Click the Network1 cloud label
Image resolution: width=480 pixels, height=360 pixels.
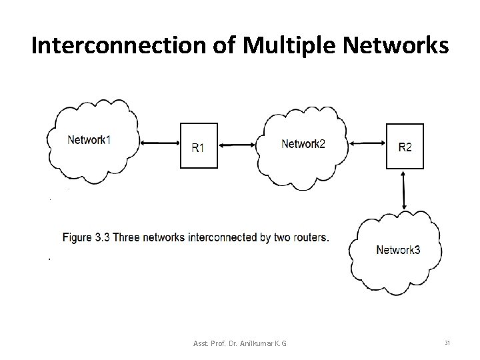[89, 140]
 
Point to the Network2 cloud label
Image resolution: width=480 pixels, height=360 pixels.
[303, 143]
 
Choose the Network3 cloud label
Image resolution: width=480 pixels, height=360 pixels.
[398, 250]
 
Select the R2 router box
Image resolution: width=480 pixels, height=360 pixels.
[405, 147]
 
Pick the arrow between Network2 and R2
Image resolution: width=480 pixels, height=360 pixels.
[366, 141]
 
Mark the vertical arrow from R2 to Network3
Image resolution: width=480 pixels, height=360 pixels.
[404, 191]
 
